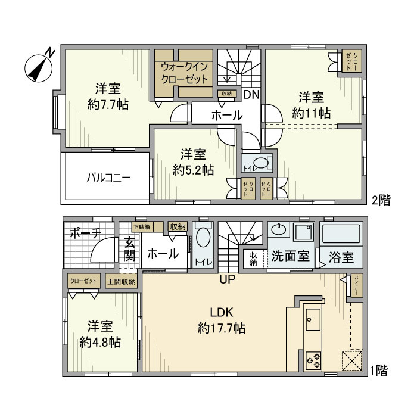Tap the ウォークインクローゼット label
183,72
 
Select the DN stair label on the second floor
251,95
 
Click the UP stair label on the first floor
227,279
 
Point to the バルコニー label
108,178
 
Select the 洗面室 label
290,257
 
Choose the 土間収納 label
122,281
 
